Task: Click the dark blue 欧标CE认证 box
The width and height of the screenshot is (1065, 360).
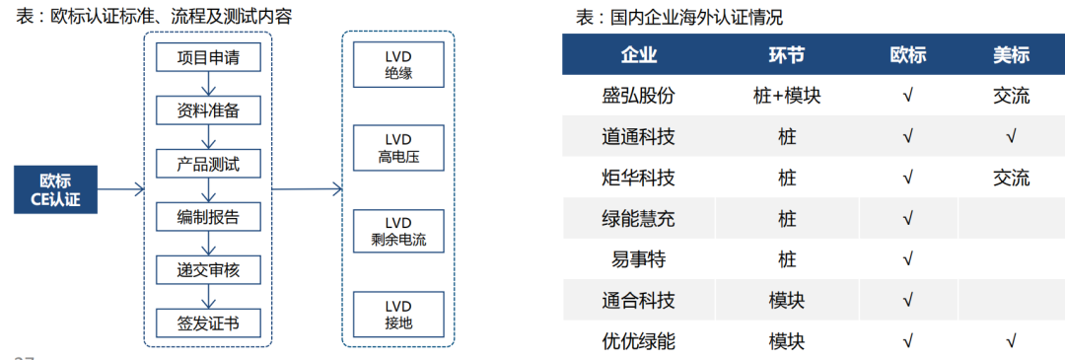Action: click(55, 190)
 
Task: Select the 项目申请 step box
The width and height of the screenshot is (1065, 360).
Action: click(208, 57)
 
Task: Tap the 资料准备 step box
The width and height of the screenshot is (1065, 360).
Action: click(208, 110)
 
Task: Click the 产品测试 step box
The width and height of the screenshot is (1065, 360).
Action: click(208, 163)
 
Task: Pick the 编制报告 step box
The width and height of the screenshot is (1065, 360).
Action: click(208, 216)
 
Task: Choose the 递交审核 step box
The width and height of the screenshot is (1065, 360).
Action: click(208, 268)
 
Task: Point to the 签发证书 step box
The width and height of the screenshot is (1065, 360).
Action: click(208, 322)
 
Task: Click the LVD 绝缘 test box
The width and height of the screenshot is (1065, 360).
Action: click(397, 64)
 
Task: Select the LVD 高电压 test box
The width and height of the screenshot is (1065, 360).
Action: click(397, 148)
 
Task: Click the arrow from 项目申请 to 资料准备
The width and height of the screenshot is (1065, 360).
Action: click(208, 84)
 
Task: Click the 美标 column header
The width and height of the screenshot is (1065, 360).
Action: click(1011, 55)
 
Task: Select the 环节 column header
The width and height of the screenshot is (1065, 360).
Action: click(786, 55)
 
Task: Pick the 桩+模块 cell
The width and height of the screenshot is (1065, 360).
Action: click(786, 96)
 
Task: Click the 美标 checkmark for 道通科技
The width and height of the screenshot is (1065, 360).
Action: click(1011, 136)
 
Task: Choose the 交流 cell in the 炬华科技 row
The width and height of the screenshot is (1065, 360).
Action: click(1011, 178)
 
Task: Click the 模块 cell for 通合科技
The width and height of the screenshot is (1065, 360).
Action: click(786, 300)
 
